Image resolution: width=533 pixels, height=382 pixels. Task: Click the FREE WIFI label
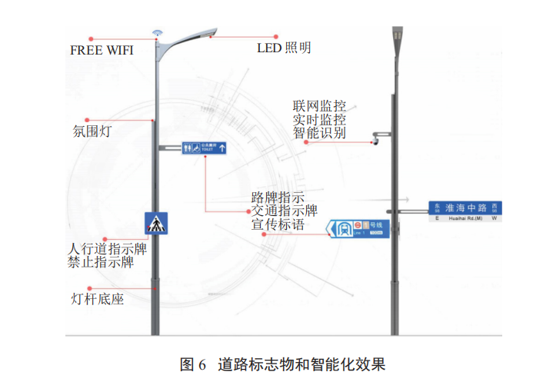pos(102,51)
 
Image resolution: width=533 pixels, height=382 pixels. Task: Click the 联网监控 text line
pos(319,105)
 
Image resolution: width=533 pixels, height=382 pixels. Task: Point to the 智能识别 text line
pos(319,133)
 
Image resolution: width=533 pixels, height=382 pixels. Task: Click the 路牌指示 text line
pos(278,197)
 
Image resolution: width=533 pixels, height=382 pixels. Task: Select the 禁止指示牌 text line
pos(100,263)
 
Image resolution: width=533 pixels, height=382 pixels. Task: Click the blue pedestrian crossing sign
pos(156,224)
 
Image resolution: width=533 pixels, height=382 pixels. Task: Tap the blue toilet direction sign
pos(205,148)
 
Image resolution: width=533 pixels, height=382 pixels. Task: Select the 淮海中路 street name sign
pos(466,209)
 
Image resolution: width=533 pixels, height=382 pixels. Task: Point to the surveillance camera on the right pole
pos(376,140)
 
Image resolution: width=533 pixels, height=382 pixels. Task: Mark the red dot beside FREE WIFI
pos(92,36)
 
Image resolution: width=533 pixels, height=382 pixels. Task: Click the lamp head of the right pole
pos(398,36)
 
